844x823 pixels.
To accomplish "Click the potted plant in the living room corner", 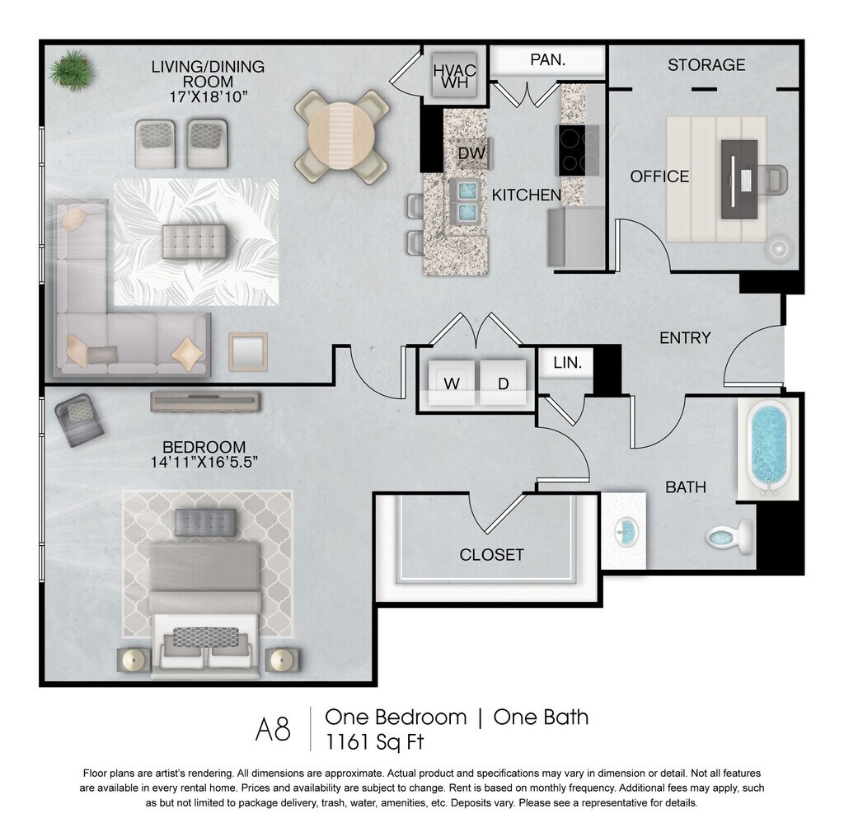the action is point(72,70).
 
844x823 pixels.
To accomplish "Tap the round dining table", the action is point(341,137).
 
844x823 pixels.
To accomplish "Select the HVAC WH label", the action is point(455,76).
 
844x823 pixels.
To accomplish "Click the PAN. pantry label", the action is point(547,59).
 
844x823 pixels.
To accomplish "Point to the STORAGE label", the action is point(706,65).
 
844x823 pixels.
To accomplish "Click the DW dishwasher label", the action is point(471,153).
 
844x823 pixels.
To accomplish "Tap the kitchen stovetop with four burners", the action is point(578,150).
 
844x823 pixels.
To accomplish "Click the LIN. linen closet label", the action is point(567,363).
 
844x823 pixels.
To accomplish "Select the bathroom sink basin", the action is point(626,531).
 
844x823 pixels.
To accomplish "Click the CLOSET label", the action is point(491,555).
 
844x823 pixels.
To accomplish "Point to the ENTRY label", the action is point(685,338).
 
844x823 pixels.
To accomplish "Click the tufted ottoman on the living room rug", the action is point(195,242).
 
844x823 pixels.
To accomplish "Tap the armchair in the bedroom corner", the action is point(78,420).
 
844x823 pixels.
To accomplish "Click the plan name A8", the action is point(272,730).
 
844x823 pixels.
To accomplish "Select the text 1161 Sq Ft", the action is point(375,742).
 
